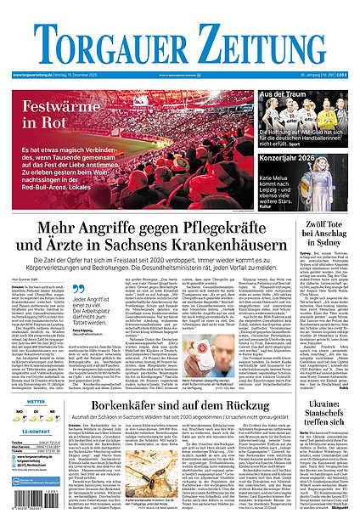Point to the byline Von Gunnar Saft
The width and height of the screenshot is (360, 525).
click(x=26, y=279)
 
